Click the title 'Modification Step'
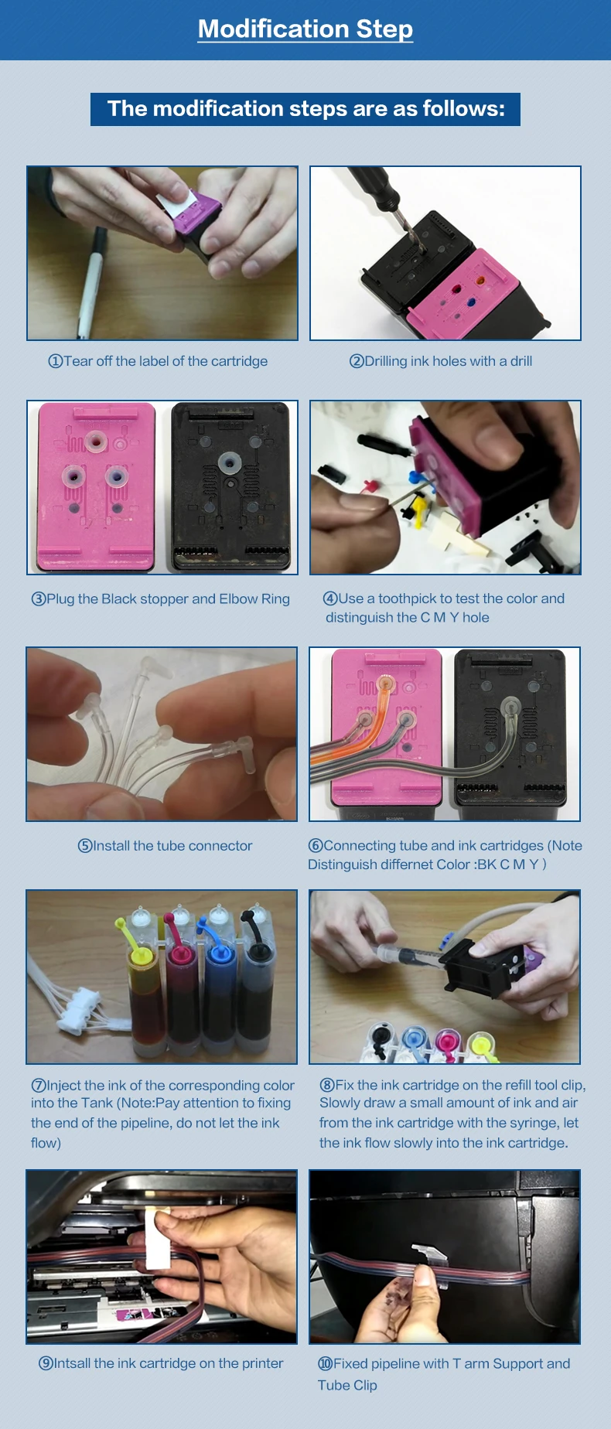[305, 29]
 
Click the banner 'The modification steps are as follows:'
[305, 109]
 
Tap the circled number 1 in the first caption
[55, 362]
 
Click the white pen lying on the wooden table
[90, 283]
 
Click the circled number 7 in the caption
[39, 1086]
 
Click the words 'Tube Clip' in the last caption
[347, 1385]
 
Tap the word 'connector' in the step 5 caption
[220, 846]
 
